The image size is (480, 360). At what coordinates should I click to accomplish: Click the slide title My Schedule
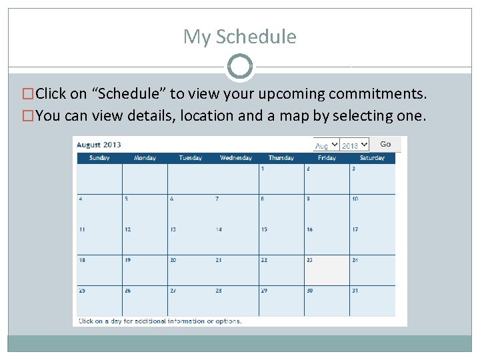coord(240,36)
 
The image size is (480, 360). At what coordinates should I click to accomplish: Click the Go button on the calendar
coord(385,144)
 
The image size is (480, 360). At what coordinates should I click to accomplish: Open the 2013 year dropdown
coord(354,145)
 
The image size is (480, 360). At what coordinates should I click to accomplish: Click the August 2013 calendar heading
coord(99,145)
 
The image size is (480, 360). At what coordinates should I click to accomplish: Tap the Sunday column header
coord(99,158)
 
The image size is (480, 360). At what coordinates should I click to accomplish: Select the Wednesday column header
coord(236,158)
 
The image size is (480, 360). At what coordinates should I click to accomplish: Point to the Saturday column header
coord(372,158)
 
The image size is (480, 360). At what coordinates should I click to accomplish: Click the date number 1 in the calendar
coord(263,169)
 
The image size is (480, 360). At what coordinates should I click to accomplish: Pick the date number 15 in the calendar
coord(264,229)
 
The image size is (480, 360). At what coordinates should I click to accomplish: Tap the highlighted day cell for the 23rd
coord(327,270)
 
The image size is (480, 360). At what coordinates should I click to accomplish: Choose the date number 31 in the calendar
coord(355,291)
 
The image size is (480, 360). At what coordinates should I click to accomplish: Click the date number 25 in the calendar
coord(82,291)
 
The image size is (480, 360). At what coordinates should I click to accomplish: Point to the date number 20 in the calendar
coord(173,260)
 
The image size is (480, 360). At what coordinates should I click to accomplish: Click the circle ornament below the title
coord(240,67)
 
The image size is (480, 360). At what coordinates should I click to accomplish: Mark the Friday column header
coord(327,158)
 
